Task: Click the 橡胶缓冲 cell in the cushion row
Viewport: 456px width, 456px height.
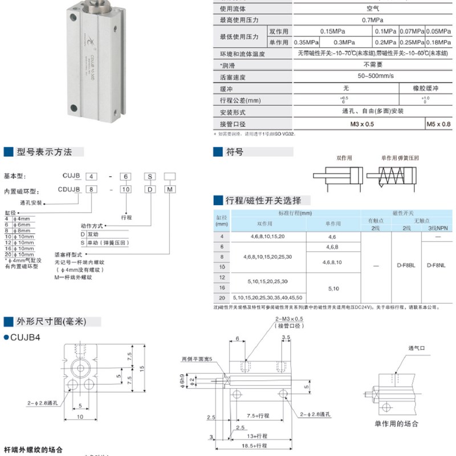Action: (x=426, y=88)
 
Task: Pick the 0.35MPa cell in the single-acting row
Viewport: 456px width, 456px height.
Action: (x=306, y=42)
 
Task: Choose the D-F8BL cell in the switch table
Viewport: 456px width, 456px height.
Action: (x=405, y=266)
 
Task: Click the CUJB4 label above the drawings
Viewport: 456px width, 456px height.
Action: (x=26, y=337)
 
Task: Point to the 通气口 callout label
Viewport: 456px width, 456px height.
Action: (x=417, y=348)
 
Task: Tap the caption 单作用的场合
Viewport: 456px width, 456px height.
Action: (x=396, y=424)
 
